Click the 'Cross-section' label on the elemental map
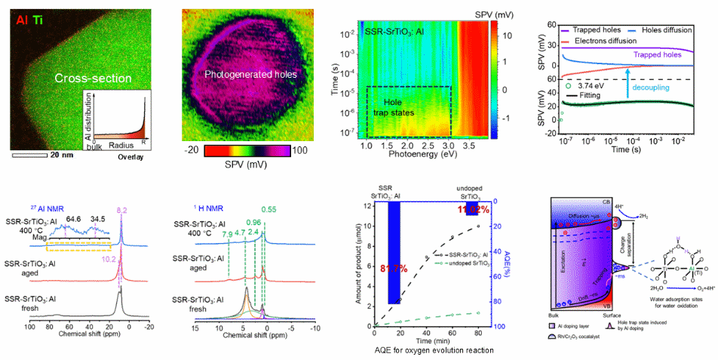tap(93, 78)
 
